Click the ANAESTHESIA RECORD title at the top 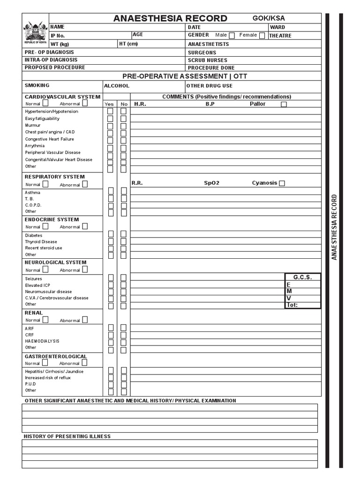pyautogui.click(x=170, y=18)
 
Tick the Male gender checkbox pyautogui.click(x=232, y=36)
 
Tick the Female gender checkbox pyautogui.click(x=262, y=36)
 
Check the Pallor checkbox pyautogui.click(x=284, y=105)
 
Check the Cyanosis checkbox pyautogui.click(x=282, y=183)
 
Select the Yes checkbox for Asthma pyautogui.click(x=111, y=191)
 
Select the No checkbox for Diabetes pyautogui.click(x=123, y=234)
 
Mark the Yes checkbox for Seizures pyautogui.click(x=111, y=278)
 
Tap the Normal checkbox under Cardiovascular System pyautogui.click(x=45, y=103)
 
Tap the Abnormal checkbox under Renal pyautogui.click(x=85, y=320)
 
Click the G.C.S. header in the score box pyautogui.click(x=302, y=277)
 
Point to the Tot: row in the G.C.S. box pyautogui.click(x=302, y=305)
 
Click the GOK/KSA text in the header pyautogui.click(x=269, y=18)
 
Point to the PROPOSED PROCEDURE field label pyautogui.click(x=55, y=67)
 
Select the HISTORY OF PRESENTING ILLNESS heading pyautogui.click(x=67, y=436)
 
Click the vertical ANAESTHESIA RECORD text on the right pyautogui.click(x=334, y=227)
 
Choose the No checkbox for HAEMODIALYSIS pyautogui.click(x=123, y=341)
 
